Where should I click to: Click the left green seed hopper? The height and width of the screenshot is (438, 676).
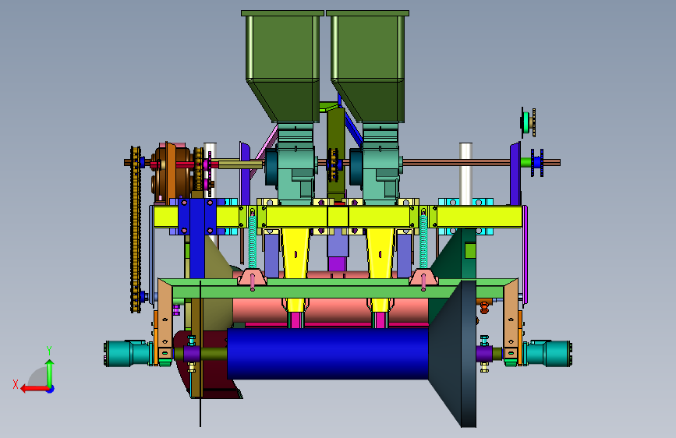pyautogui.click(x=282, y=65)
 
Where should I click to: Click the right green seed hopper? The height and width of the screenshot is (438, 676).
pyautogui.click(x=367, y=65)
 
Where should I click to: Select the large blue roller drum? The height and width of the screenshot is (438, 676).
pyautogui.click(x=327, y=354)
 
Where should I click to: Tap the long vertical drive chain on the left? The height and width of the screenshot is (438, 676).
pyautogui.click(x=136, y=228)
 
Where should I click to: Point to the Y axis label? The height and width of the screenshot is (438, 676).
pyautogui.click(x=49, y=351)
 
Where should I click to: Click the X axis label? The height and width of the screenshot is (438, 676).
pyautogui.click(x=16, y=384)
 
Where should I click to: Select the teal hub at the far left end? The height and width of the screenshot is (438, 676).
pyautogui.click(x=128, y=354)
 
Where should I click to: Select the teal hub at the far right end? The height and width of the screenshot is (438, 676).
pyautogui.click(x=547, y=354)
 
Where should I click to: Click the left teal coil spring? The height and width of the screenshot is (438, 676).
pyautogui.click(x=252, y=242)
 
